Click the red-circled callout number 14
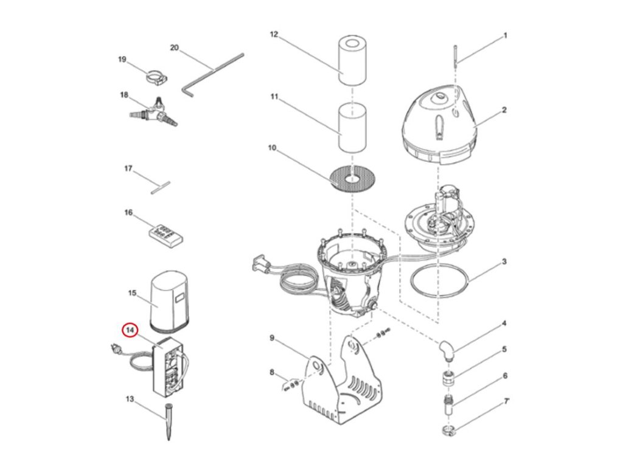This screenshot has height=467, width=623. click(130, 330)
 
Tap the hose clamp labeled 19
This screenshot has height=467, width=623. click(156, 77)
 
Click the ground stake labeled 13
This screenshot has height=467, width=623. click(169, 421)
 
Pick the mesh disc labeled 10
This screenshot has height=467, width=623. click(352, 179)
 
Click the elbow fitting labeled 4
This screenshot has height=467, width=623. click(447, 350)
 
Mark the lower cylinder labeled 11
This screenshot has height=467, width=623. click(352, 126)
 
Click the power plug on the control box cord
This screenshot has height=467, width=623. click(117, 350)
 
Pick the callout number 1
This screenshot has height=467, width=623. click(506, 36)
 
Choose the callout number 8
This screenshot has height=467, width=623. click(272, 372)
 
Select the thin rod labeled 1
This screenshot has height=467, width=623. click(456, 55)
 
